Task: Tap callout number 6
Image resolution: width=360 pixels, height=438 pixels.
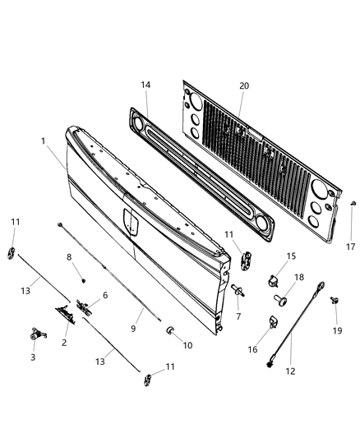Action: (104, 294)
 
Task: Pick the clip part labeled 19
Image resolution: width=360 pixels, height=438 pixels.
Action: (335, 302)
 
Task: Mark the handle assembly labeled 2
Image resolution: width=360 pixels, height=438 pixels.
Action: (66, 313)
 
